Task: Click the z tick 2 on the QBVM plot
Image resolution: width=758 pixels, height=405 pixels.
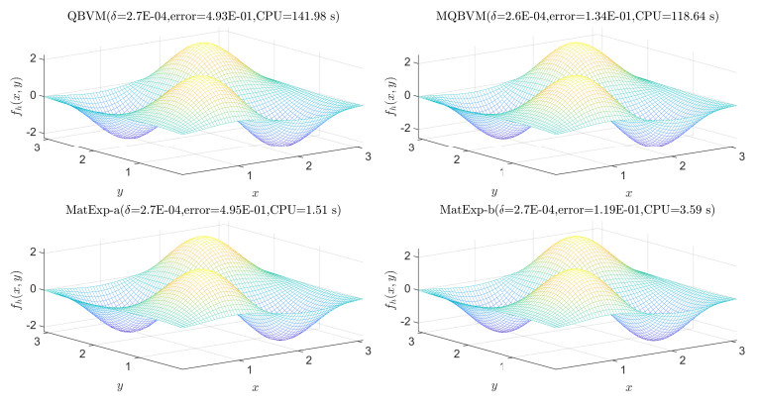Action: pyautogui.click(x=35, y=57)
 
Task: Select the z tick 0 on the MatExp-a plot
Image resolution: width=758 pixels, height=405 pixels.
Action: pyautogui.click(x=36, y=289)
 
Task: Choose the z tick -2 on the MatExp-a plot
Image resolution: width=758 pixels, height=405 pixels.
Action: pyautogui.click(x=33, y=326)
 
